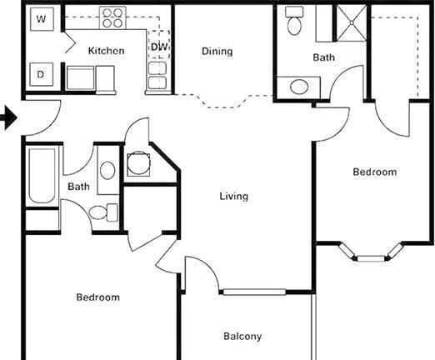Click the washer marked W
click(x=42, y=19)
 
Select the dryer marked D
click(x=41, y=74)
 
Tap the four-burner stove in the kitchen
click(x=112, y=17)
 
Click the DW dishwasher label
click(x=160, y=47)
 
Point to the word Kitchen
click(x=106, y=51)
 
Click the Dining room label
click(x=217, y=52)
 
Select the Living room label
click(x=234, y=197)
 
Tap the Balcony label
click(x=242, y=337)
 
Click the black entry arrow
click(x=9, y=117)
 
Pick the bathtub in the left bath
click(x=42, y=176)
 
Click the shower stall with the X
click(x=352, y=22)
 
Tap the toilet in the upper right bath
click(x=294, y=21)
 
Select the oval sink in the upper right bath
click(x=299, y=87)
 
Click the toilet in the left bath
click(x=103, y=212)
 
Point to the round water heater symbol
click(x=138, y=163)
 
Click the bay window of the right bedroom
click(x=371, y=253)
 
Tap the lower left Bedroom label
click(x=98, y=297)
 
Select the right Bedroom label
click(x=375, y=172)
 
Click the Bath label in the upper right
click(x=324, y=57)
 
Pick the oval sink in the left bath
click(x=107, y=170)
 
